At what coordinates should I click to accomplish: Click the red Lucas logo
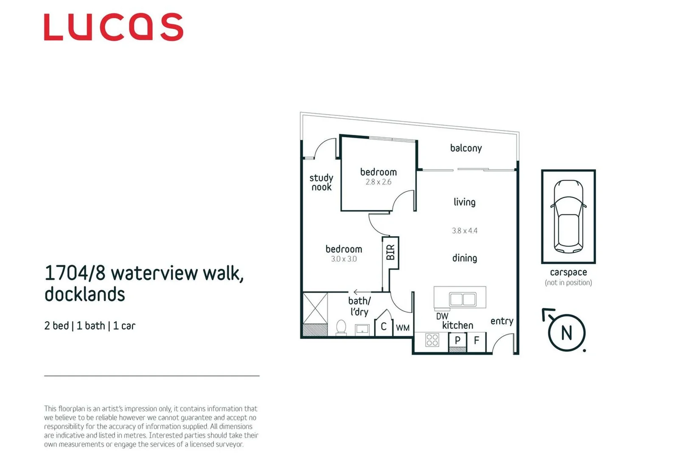[x=113, y=27]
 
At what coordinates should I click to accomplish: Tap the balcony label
[x=466, y=148]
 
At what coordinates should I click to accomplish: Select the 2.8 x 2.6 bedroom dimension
[x=378, y=182]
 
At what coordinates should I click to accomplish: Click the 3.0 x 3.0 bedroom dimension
[x=344, y=259]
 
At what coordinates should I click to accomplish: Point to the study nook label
[x=321, y=182]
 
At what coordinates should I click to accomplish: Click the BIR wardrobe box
[x=390, y=252]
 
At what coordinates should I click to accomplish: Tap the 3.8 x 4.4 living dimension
[x=464, y=231]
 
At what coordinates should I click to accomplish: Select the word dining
[x=464, y=258]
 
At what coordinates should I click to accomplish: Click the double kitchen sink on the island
[x=463, y=299]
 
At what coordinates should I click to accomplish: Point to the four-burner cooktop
[x=432, y=340]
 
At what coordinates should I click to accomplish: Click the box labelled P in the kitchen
[x=457, y=340]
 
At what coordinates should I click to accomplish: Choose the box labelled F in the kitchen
[x=477, y=340]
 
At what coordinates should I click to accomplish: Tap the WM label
[x=403, y=328]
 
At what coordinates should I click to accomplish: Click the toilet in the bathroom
[x=341, y=327]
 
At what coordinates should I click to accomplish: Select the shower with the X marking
[x=315, y=308]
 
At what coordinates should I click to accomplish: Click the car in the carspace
[x=568, y=216]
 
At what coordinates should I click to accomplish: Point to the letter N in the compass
[x=566, y=333]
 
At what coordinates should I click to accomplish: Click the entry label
[x=502, y=321]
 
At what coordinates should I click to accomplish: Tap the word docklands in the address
[x=84, y=294]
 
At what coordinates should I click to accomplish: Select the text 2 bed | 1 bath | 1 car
[x=90, y=326]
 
